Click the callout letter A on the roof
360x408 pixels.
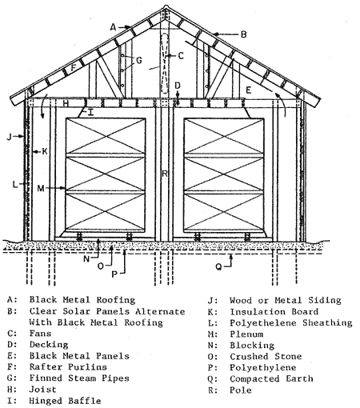click(114, 27)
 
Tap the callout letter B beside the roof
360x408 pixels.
click(243, 34)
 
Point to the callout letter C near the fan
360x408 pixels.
click(181, 56)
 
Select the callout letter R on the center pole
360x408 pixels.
click(165, 174)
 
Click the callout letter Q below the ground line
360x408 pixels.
click(218, 267)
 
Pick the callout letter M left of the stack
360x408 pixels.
click(41, 189)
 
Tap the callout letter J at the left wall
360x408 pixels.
click(10, 137)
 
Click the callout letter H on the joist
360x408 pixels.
click(66, 103)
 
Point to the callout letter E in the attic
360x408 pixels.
click(248, 90)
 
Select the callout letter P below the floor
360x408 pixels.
click(114, 274)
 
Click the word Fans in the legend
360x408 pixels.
click(40, 334)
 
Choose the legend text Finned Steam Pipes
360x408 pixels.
click(79, 378)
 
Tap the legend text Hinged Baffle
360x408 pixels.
click(65, 401)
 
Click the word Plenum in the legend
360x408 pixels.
click(246, 334)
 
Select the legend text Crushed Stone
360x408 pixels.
click(266, 356)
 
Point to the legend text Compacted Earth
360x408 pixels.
click(271, 378)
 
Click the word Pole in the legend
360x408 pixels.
click(241, 390)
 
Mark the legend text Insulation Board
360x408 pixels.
click(274, 311)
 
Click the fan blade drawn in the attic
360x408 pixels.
click(165, 63)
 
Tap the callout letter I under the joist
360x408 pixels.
click(90, 113)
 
